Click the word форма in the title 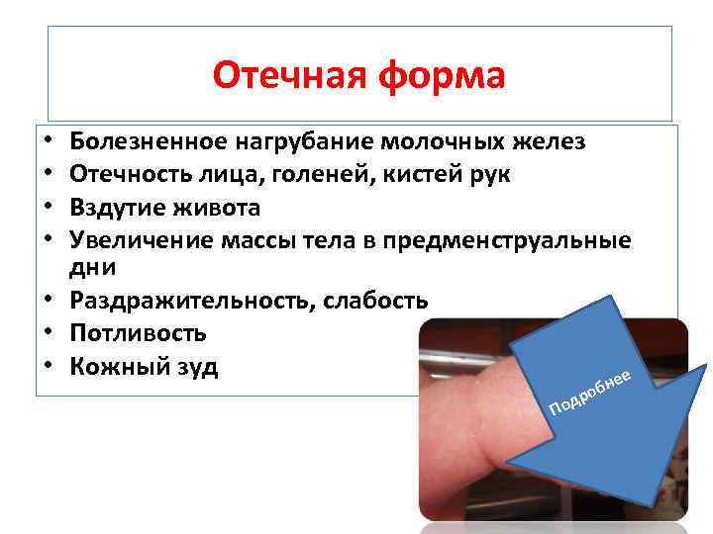pyautogui.click(x=443, y=75)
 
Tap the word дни pyautogui.click(x=93, y=267)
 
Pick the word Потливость pyautogui.click(x=138, y=334)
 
